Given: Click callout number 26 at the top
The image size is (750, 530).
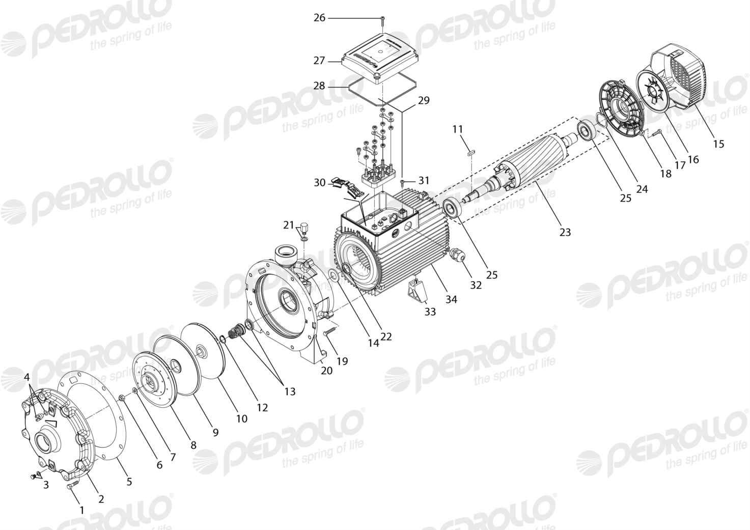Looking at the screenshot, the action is (319, 18).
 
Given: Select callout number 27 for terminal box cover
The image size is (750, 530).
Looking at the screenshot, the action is (319, 61).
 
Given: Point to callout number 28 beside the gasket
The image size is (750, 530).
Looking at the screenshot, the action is (319, 87).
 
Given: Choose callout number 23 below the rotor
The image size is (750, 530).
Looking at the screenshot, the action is (565, 232).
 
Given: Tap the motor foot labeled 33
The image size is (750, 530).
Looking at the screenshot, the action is (417, 291).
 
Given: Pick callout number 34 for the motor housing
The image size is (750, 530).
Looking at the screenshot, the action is (451, 299).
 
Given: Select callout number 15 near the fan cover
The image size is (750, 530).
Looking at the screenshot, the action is (718, 144).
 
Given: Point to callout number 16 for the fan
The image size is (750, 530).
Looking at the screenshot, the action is (693, 159).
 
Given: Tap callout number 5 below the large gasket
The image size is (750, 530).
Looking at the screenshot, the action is (129, 482).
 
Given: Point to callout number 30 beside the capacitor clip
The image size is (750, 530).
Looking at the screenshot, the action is (319, 183).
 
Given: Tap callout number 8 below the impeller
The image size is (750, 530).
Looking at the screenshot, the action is (193, 445).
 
